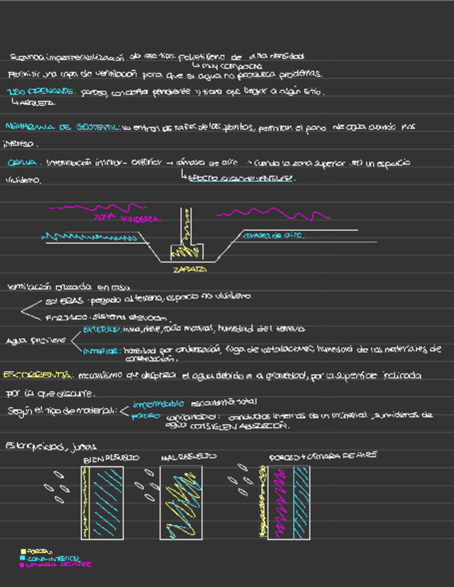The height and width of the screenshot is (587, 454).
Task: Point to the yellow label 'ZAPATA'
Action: tap(188, 269)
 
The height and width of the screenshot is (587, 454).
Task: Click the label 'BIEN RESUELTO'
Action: tap(111, 458)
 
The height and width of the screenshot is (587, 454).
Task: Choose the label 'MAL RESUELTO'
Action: tap(188, 457)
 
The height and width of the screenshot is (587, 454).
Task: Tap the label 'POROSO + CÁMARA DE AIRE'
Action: tap(322, 456)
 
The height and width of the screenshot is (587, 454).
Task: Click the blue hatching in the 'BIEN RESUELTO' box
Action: tap(107, 502)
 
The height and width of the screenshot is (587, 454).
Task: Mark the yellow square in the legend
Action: tap(23, 551)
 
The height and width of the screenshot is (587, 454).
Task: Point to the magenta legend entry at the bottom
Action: tap(55, 564)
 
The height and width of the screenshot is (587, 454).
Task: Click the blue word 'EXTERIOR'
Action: tap(102, 329)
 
